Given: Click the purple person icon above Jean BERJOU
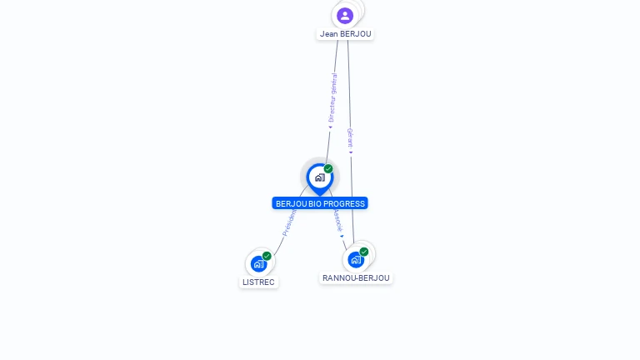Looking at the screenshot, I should point(345,15).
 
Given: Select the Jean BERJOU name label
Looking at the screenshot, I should point(345,34).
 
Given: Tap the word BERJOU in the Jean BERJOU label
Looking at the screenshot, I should point(356,34).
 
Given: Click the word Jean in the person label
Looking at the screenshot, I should point(329,34).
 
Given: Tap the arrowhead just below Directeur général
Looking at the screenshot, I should point(330,127).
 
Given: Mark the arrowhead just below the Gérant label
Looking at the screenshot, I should point(351,152).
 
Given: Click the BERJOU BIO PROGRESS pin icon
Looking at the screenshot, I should point(319,177).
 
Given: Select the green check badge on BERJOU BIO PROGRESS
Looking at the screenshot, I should point(328,169).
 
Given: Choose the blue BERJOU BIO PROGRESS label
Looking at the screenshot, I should point(320,203).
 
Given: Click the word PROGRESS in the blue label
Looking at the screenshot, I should point(345,203).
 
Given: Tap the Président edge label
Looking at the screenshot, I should point(289,222).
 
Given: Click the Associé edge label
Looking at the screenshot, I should point(337,219).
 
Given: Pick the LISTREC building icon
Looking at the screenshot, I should point(258,264).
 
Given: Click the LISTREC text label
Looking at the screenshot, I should point(258,282).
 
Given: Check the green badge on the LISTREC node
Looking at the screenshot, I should point(267,256).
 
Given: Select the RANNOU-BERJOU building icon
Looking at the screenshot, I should point(356,259).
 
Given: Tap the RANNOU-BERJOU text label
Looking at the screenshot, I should point(356,278).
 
